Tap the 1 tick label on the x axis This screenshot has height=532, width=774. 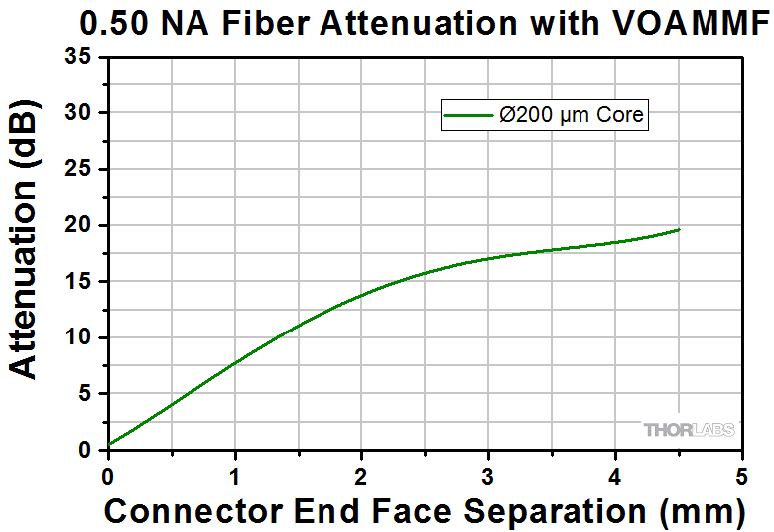pyautogui.click(x=235, y=473)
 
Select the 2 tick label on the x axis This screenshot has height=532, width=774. pyautogui.click(x=362, y=473)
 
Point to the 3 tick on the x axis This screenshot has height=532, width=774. pyautogui.click(x=488, y=473)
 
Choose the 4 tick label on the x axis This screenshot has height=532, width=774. pyautogui.click(x=615, y=473)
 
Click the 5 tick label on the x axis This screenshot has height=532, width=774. pyautogui.click(x=741, y=473)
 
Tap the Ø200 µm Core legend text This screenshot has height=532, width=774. pyautogui.click(x=573, y=115)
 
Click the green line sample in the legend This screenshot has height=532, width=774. pyautogui.click(x=468, y=115)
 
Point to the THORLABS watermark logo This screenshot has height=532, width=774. pyautogui.click(x=691, y=430)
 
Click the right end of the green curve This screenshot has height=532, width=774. pyautogui.click(x=679, y=229)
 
